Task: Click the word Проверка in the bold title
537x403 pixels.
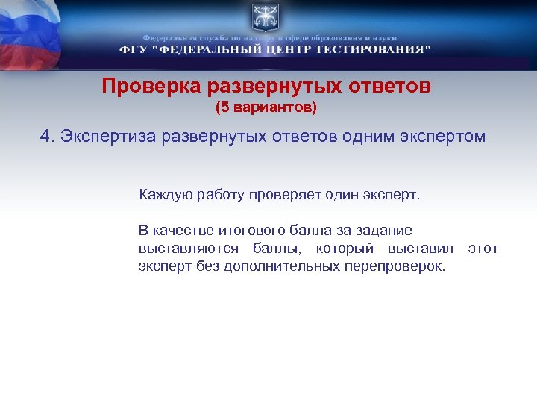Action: (x=144, y=87)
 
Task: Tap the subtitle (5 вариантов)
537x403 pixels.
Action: (x=266, y=108)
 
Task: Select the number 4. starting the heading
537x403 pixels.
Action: (x=48, y=137)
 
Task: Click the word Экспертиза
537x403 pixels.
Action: (x=109, y=137)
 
